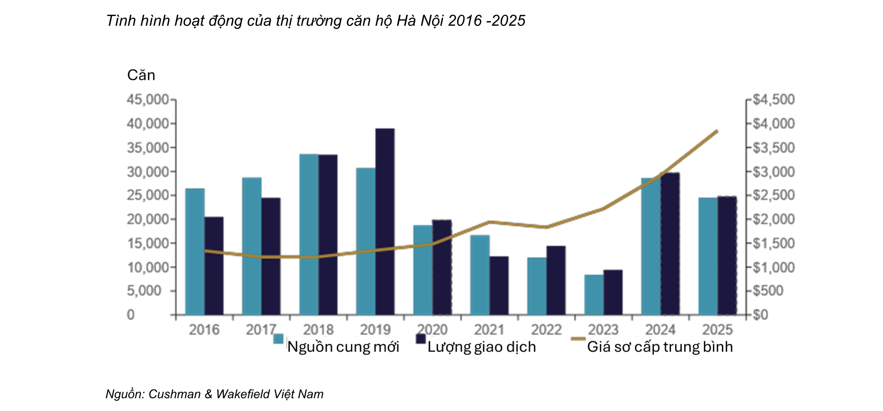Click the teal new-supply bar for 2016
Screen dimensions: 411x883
click(x=195, y=252)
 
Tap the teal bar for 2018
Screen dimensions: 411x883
click(x=309, y=234)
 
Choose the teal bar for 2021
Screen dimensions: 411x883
click(x=480, y=275)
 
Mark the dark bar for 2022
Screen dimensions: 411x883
click(x=556, y=280)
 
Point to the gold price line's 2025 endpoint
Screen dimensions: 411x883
click(x=717, y=132)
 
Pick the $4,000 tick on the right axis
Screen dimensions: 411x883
click(x=774, y=124)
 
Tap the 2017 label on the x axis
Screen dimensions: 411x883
click(x=261, y=330)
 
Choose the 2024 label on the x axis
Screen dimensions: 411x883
click(x=660, y=330)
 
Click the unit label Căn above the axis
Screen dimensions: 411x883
click(x=141, y=75)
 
